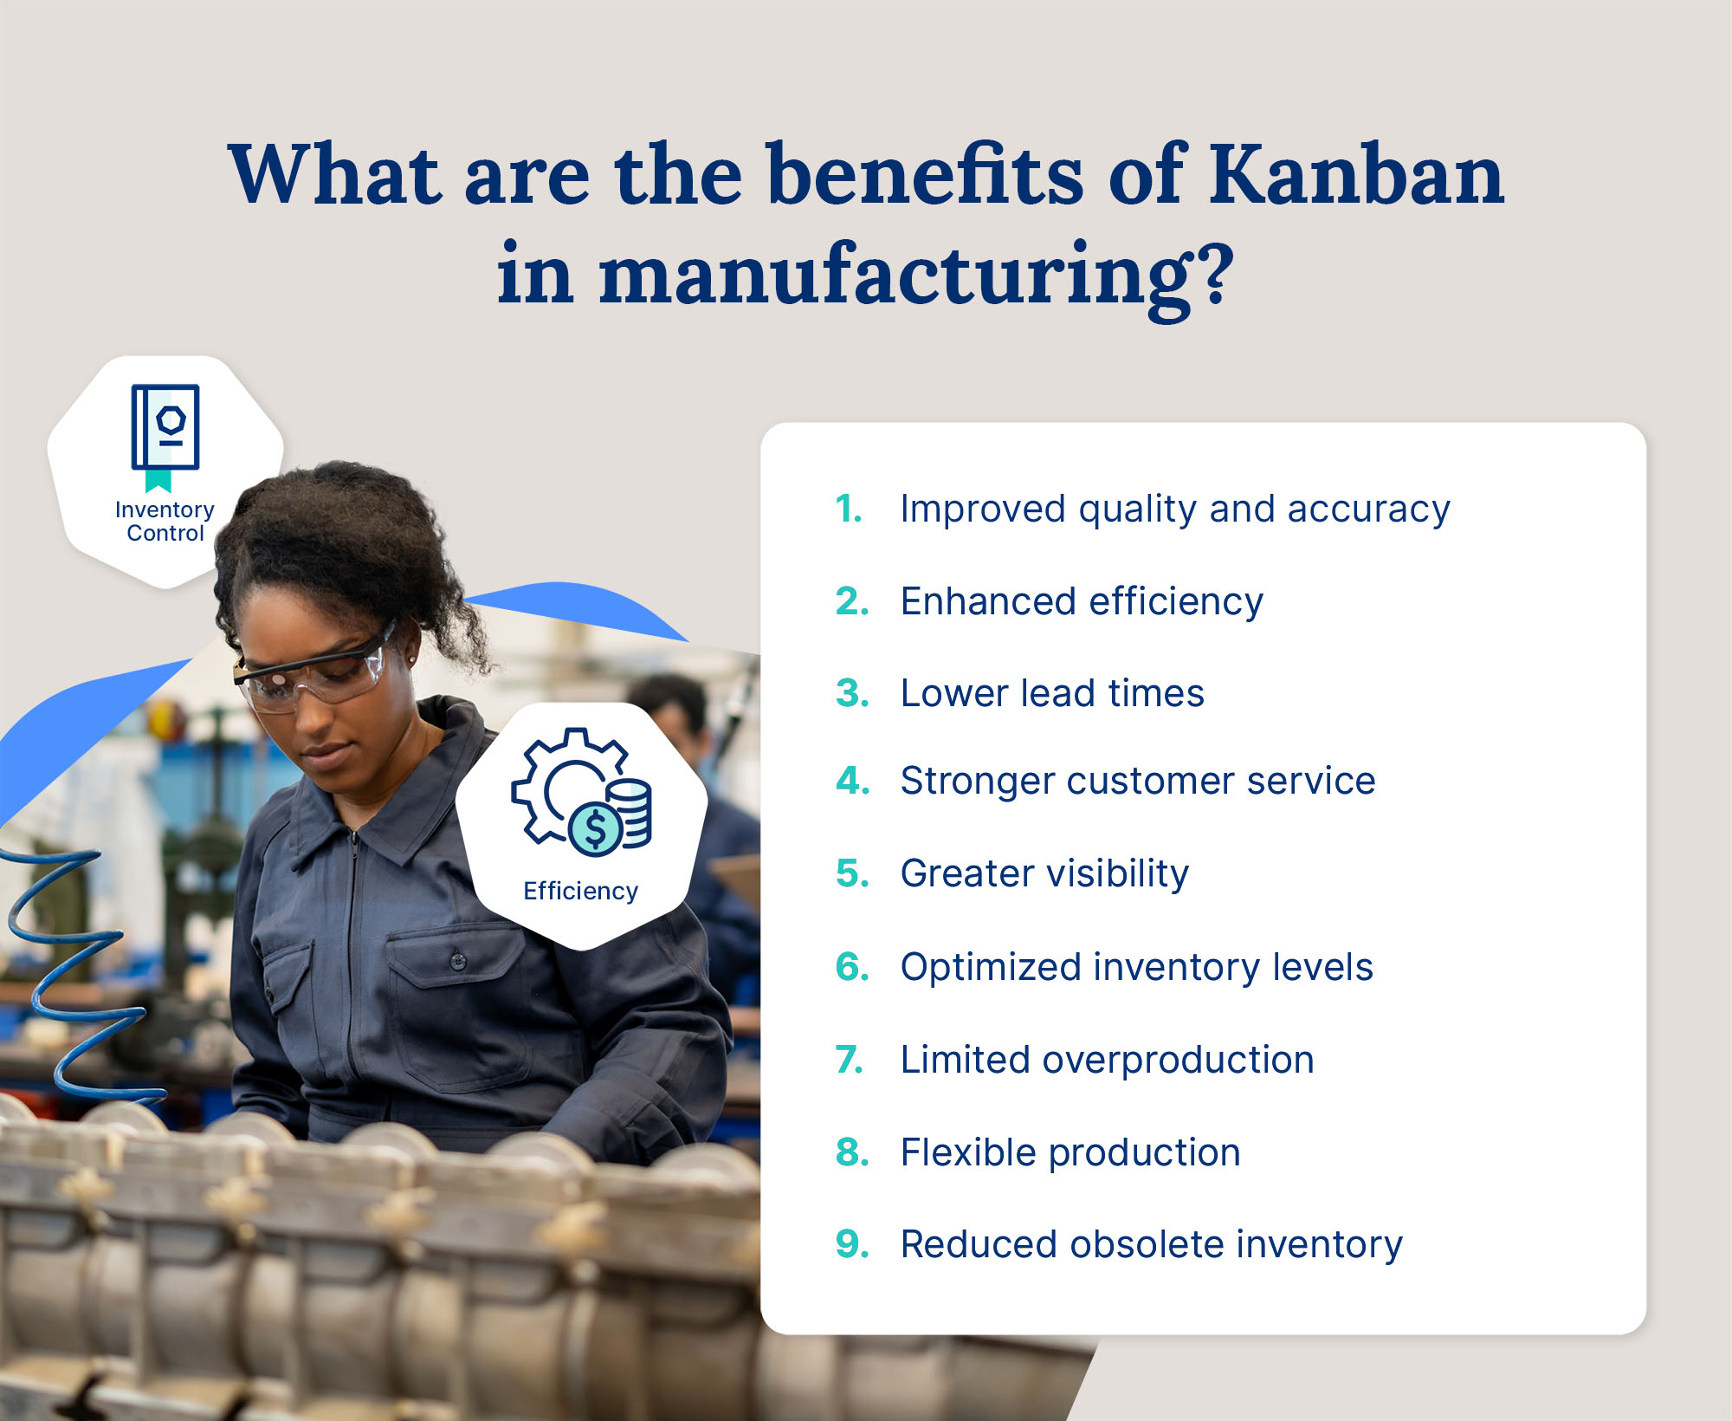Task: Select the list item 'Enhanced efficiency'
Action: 1081,601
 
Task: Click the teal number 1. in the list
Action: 849,509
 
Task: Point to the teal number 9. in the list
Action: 852,1244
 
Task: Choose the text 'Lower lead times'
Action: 1051,693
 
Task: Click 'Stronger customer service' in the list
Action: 1137,781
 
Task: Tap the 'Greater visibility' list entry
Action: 1044,873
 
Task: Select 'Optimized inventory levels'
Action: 1136,967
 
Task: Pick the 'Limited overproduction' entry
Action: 1107,1060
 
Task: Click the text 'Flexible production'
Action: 1070,1152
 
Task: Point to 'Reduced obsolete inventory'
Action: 1151,1244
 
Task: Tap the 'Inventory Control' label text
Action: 165,521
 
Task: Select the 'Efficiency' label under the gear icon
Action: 580,891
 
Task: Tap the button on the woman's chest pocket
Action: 457,960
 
